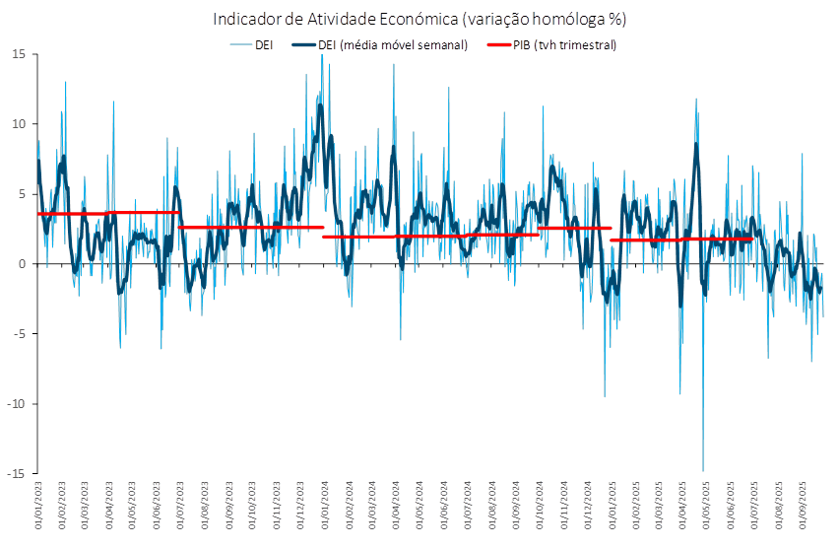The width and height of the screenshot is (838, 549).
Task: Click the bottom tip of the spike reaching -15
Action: point(703,471)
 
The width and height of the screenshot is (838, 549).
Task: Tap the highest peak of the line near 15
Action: point(322,56)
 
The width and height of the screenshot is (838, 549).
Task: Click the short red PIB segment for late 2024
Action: point(575,229)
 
